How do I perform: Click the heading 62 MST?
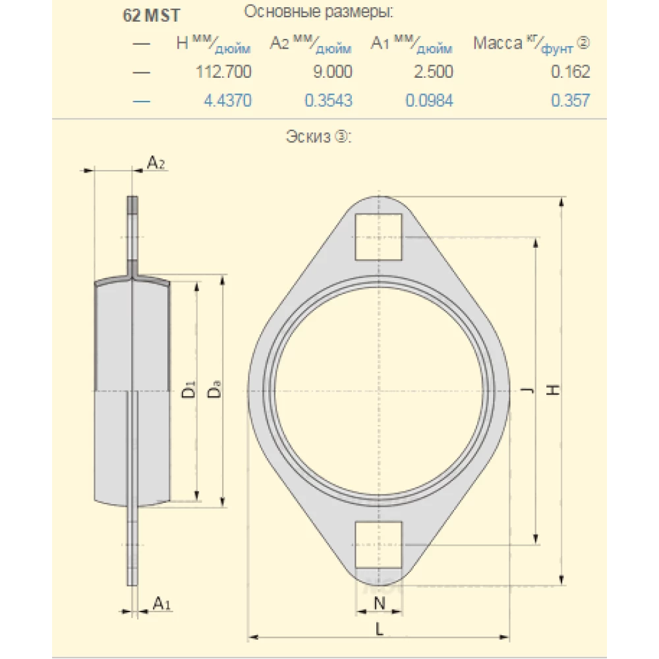point(152,16)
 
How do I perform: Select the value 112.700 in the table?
point(223,71)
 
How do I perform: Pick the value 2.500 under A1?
point(432,71)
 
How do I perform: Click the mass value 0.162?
point(571,71)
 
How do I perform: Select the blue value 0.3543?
point(328,100)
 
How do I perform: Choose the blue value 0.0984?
point(428,100)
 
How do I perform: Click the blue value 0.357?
point(571,100)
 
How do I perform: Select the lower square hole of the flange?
point(378,544)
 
